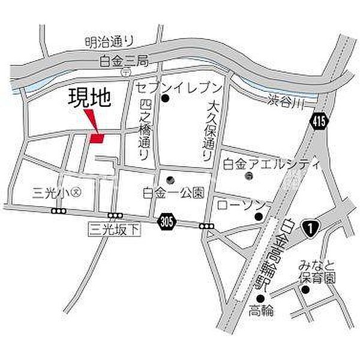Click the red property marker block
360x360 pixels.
(x=97, y=138)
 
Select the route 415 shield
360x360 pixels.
(x=319, y=122)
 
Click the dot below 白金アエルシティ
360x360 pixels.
(x=248, y=176)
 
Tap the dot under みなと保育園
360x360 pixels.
(x=305, y=290)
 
